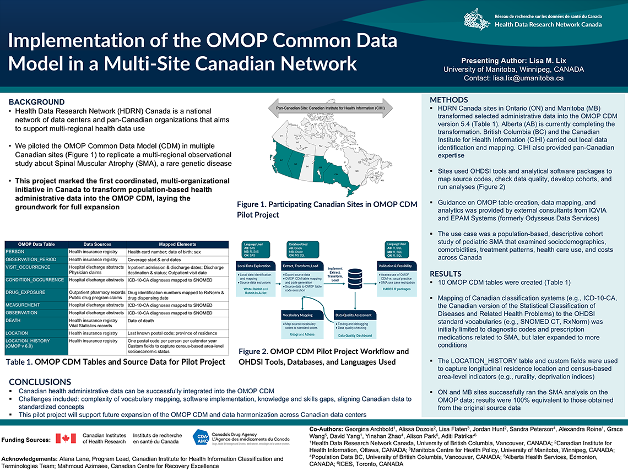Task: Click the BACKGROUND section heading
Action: (36, 102)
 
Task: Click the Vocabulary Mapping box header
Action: (298, 315)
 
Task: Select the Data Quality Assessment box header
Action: (353, 315)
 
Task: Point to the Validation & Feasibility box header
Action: (394, 266)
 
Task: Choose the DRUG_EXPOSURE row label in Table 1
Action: (26, 292)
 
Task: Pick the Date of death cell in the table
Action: (140, 321)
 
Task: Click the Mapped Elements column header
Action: (177, 244)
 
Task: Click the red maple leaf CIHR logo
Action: (66, 438)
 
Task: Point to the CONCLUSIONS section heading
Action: (40, 382)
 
